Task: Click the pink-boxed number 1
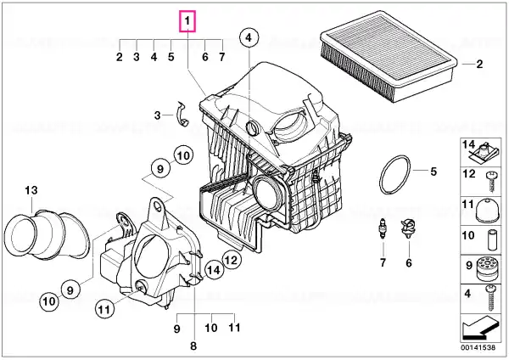[x=187, y=19]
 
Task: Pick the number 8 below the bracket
[x=193, y=346]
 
